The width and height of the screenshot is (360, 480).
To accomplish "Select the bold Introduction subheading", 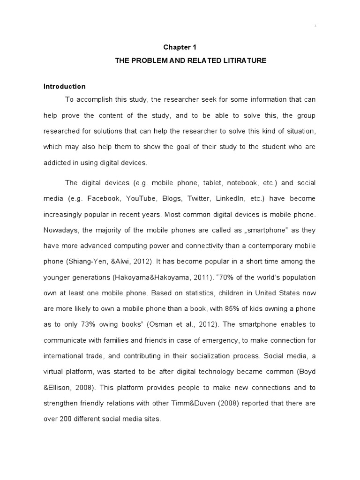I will [x=65, y=86].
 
